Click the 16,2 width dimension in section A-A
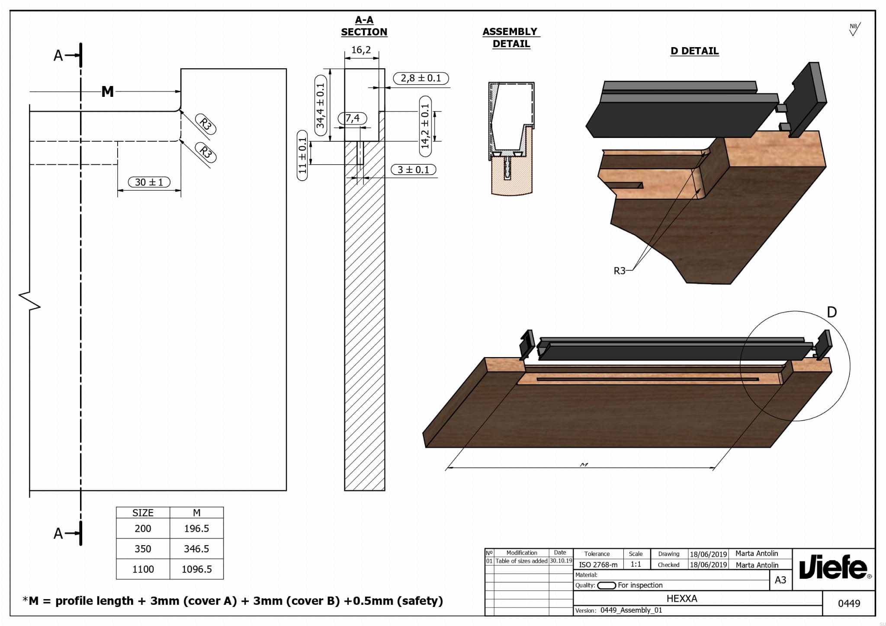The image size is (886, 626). (361, 50)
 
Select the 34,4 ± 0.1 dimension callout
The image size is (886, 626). (320, 105)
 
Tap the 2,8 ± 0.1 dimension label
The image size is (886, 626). (421, 78)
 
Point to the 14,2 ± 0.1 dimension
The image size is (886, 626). (425, 126)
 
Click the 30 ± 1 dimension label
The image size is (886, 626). (149, 182)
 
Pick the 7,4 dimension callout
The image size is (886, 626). (353, 118)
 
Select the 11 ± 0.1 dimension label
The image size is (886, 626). (302, 155)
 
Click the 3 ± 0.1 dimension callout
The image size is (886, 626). (413, 169)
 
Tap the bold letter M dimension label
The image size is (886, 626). (107, 92)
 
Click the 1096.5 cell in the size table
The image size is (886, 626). (196, 569)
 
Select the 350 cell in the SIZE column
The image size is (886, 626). (143, 549)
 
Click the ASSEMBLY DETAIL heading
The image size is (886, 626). (510, 38)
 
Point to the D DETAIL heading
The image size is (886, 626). (694, 51)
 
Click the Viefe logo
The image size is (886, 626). (833, 567)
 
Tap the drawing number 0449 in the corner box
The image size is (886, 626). (849, 603)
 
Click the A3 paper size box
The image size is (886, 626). (780, 580)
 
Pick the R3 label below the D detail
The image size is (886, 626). (620, 271)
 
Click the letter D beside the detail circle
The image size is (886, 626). (831, 312)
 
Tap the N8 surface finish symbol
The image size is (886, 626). (854, 29)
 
